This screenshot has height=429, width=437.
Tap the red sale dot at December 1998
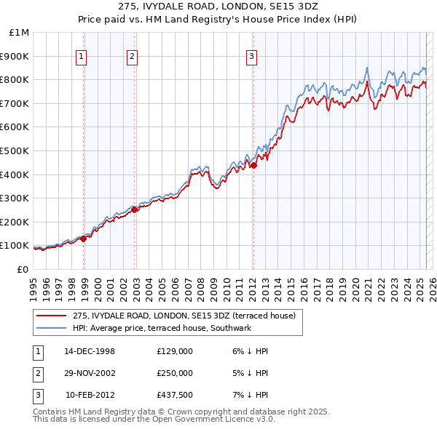[x=84, y=238]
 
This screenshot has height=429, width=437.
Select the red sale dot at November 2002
[x=135, y=209]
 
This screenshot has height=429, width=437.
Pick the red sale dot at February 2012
[x=253, y=165]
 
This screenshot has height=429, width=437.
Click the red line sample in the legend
[x=51, y=316]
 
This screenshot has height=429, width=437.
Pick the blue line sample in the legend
[x=51, y=329]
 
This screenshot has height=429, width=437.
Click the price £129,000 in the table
[x=175, y=351]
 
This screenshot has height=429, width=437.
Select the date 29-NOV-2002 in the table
[x=90, y=373]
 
